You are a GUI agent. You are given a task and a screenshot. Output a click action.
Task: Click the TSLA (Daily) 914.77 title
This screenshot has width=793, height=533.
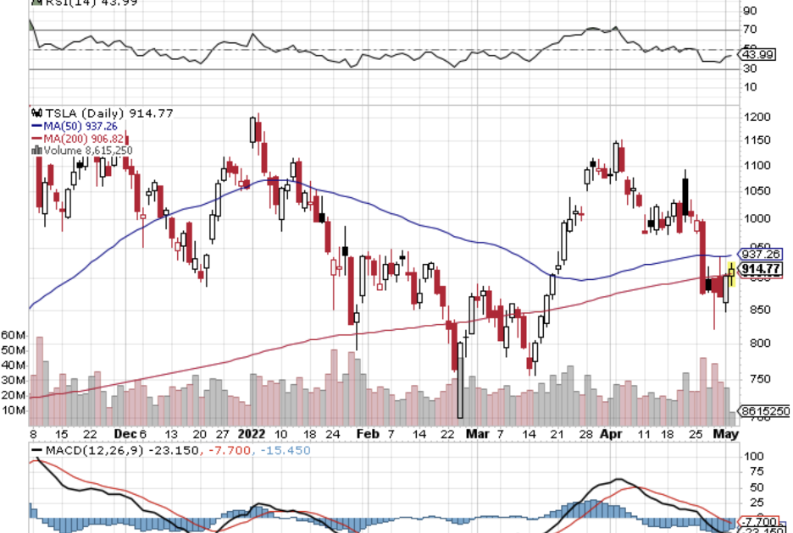[84, 113]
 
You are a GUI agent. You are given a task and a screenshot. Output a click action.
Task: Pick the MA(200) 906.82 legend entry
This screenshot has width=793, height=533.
[81, 138]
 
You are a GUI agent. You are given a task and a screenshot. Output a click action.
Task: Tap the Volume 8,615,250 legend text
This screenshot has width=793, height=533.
[85, 151]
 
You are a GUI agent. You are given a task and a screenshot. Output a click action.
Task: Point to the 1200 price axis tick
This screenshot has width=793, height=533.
[755, 117]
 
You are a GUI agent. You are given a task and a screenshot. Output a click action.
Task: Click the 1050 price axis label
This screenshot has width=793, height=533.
[755, 192]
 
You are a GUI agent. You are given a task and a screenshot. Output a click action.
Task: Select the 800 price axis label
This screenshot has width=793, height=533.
[752, 343]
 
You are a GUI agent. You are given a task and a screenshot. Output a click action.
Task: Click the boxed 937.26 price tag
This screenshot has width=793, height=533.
[760, 254]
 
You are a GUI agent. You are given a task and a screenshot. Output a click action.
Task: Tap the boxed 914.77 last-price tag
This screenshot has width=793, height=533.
[760, 269]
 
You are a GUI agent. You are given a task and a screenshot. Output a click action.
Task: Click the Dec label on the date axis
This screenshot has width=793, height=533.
[124, 432]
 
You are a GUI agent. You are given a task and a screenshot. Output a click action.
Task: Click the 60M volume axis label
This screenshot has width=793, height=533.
[13, 335]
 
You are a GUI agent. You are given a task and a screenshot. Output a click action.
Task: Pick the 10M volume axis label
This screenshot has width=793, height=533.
[13, 410]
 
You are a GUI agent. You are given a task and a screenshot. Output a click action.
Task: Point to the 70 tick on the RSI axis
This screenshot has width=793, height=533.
[749, 30]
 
